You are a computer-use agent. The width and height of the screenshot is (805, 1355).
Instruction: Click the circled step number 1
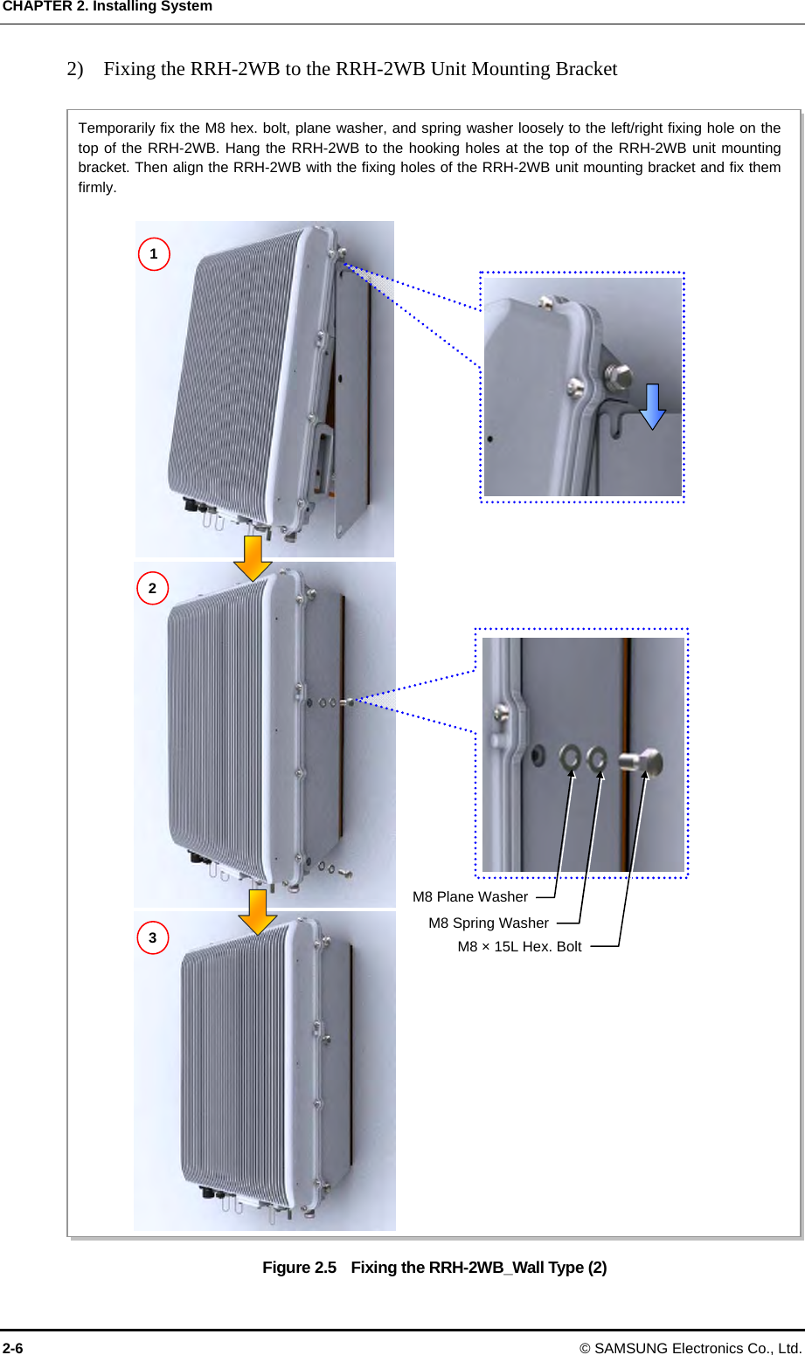[154, 254]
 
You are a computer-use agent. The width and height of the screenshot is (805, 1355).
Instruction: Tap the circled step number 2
[152, 588]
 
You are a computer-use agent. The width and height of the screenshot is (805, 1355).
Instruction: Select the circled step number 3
[152, 937]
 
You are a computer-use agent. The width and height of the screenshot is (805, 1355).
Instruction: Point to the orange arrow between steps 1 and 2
[253, 558]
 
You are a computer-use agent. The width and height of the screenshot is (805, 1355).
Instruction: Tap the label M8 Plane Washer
[470, 896]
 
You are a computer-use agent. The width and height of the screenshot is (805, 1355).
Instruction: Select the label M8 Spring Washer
[489, 923]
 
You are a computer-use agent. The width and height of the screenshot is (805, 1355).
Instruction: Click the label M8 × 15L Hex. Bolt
[519, 946]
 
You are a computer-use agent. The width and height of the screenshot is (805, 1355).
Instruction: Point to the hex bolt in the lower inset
[642, 762]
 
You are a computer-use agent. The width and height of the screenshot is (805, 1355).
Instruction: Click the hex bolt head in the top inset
[618, 377]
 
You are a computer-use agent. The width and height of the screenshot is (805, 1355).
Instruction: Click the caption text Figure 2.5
[299, 1267]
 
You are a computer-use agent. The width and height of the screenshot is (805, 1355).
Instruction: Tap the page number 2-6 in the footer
[13, 1347]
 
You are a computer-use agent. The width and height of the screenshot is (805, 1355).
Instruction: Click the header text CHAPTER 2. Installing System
[108, 6]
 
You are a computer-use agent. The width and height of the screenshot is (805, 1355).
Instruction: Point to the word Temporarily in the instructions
[116, 128]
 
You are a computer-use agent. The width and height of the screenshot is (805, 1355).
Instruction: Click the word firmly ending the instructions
[97, 187]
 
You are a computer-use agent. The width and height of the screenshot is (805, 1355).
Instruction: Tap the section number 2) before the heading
[75, 69]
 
